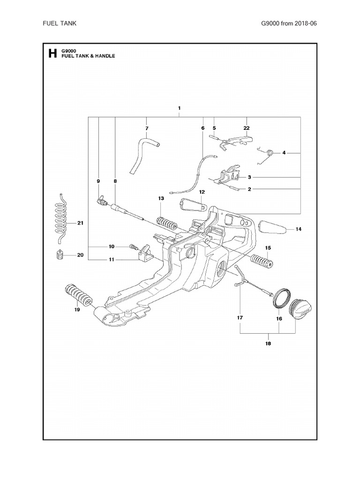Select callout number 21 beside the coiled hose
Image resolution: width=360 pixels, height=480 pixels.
coord(80,223)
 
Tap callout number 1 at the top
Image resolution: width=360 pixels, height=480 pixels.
coord(180,108)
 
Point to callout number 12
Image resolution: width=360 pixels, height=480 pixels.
coord(202,192)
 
